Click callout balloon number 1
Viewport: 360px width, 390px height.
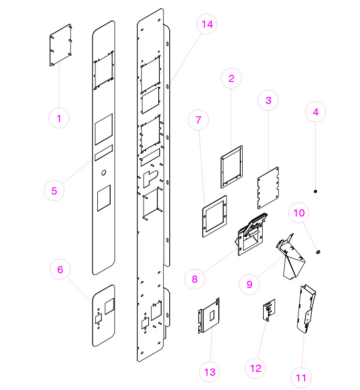point(59,118)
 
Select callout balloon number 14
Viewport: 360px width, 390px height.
point(206,25)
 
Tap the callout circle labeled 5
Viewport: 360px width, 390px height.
point(54,191)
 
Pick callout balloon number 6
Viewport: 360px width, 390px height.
point(60,269)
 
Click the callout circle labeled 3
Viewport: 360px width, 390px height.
point(268,101)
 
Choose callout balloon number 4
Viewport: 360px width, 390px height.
point(316,113)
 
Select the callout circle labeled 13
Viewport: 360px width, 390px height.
point(210,372)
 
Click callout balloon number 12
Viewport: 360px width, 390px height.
point(256,368)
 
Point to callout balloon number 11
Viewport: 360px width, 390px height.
point(301,378)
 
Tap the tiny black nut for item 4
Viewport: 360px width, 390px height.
point(316,191)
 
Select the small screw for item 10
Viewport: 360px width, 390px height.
point(319,252)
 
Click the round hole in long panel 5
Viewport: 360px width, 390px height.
point(104,172)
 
